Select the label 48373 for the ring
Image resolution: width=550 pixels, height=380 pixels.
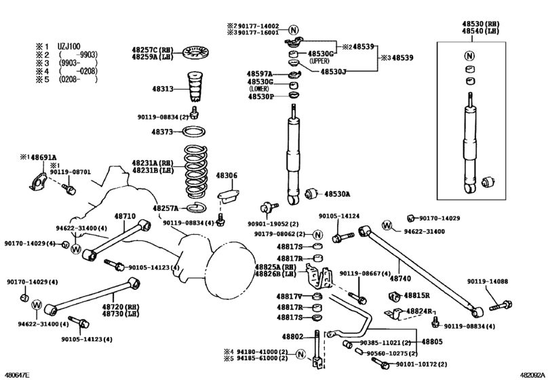click(x=164, y=132)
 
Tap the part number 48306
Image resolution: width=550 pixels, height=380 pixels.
click(x=227, y=176)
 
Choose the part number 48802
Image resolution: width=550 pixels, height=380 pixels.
click(x=292, y=337)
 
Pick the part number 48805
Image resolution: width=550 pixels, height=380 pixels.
click(x=432, y=342)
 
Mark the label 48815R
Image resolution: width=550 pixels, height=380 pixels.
click(x=418, y=296)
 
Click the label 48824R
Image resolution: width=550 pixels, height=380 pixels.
click(x=419, y=311)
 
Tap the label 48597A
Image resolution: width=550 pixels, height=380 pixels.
click(x=259, y=73)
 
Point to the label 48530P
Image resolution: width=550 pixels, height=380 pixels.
click(x=260, y=96)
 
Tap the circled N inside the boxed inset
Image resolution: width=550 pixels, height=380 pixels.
click(x=470, y=56)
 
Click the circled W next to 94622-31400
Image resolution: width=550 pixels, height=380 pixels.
click(x=387, y=225)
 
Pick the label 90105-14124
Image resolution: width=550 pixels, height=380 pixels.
click(x=339, y=216)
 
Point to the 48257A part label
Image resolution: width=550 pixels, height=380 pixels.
click(x=165, y=208)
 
